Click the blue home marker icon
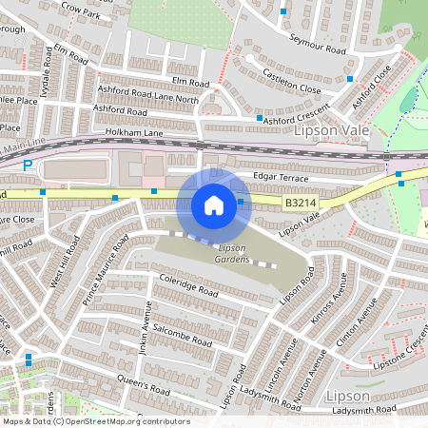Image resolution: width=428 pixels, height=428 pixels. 214,204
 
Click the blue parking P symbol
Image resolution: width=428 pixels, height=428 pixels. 28,165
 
